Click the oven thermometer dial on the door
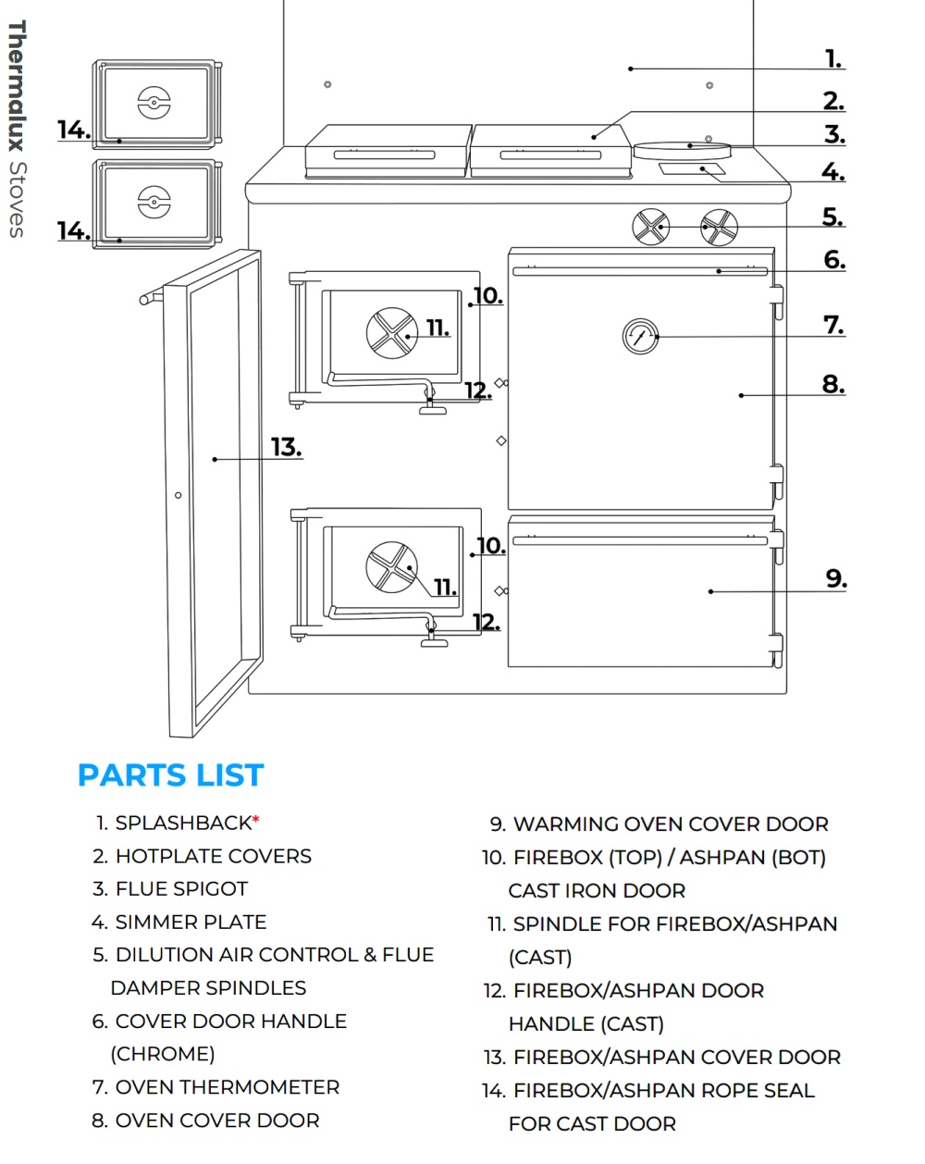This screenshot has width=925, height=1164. point(640,337)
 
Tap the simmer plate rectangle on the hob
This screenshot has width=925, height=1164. point(692,169)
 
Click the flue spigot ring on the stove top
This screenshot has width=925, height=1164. point(683,147)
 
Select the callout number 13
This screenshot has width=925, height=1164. point(286,448)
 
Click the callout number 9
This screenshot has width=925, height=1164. point(835,579)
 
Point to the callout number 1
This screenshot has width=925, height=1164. point(833,59)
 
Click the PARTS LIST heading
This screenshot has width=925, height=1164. point(171,775)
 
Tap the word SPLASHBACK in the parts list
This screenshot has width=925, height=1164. point(183,823)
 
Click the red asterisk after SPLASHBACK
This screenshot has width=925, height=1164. point(256,820)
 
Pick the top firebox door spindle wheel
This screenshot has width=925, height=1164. point(392,332)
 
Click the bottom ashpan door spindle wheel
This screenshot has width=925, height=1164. point(392,566)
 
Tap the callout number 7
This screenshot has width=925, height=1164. point(833,326)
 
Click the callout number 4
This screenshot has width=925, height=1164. point(833,172)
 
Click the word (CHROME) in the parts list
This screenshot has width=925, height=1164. point(163,1054)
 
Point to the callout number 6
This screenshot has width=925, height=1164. point(834,260)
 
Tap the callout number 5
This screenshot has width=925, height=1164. point(832,217)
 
